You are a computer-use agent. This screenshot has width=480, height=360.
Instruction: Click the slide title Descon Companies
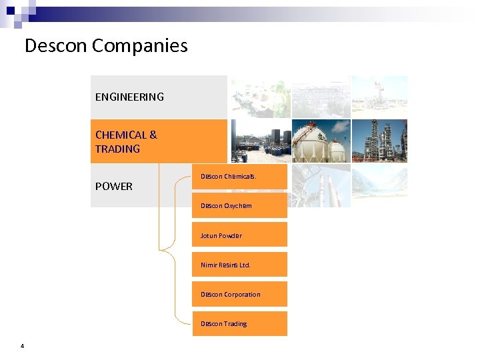click(x=106, y=46)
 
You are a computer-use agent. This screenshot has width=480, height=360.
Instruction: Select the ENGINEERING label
click(x=129, y=97)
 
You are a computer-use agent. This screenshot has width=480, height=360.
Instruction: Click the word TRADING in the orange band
click(x=117, y=149)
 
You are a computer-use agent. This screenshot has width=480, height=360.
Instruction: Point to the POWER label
click(x=114, y=186)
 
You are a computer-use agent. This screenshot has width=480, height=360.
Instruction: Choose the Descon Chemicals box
click(x=240, y=177)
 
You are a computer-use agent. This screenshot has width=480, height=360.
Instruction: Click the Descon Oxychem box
click(x=240, y=206)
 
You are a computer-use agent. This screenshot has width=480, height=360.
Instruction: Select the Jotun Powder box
click(x=240, y=235)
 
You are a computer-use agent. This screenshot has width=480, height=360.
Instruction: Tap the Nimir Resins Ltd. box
click(x=240, y=265)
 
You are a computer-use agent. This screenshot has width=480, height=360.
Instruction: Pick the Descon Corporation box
click(x=240, y=294)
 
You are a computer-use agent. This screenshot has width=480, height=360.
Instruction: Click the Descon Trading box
click(x=240, y=323)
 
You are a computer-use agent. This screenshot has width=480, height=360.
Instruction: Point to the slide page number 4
click(x=23, y=345)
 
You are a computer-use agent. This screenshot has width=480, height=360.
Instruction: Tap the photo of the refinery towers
click(x=379, y=141)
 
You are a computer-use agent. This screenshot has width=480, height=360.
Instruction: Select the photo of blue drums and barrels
click(x=260, y=141)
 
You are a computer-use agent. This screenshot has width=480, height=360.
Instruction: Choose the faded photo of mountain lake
click(x=379, y=185)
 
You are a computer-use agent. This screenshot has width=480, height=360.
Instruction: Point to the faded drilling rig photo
click(x=379, y=97)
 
